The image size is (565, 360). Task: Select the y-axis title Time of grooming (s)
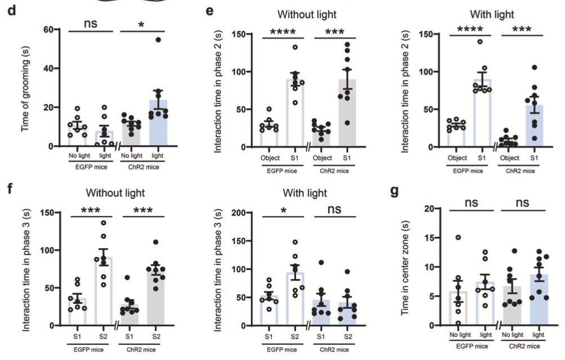click(x=25, y=88)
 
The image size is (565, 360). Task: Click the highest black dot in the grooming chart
click(x=159, y=40)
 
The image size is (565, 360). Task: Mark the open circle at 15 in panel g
click(x=458, y=238)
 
